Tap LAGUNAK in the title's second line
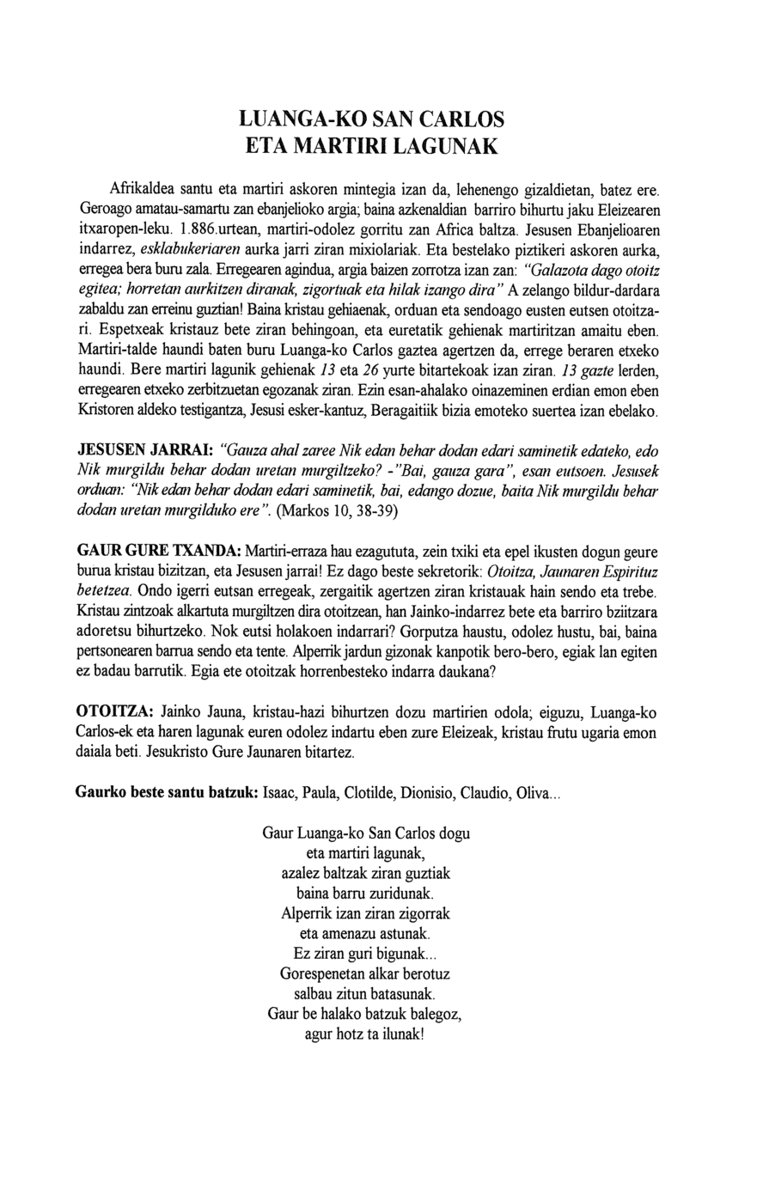coord(447,146)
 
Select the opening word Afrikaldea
coord(143,188)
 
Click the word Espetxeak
coord(132,331)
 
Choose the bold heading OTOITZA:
coord(115,712)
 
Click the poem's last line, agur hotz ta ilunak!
coord(365,1034)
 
